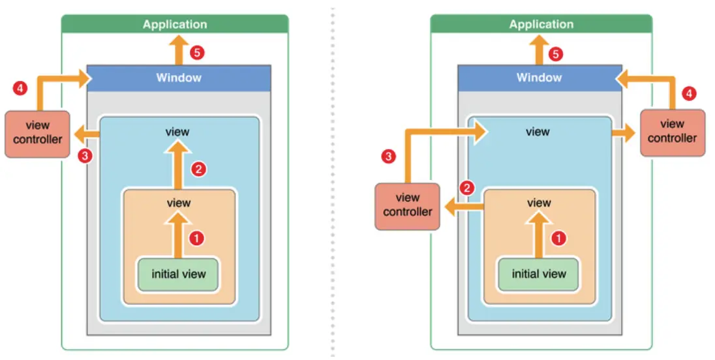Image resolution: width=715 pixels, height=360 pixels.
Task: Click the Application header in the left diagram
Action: pos(175,24)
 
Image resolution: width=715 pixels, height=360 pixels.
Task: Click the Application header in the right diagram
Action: pos(541,24)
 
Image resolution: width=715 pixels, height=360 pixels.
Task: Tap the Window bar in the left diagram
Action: pos(179,78)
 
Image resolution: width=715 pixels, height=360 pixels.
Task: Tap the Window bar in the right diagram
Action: pos(539,78)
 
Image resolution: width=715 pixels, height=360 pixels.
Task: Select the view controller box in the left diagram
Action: pos(37,133)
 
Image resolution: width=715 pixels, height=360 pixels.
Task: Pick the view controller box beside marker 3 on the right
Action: pos(408,205)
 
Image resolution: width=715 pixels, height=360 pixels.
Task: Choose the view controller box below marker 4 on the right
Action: pos(672,132)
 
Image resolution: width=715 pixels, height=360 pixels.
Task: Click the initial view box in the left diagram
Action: pos(178,274)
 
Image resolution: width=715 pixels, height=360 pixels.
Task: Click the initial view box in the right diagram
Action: pos(539,274)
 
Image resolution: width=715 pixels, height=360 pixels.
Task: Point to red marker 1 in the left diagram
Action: pos(196,239)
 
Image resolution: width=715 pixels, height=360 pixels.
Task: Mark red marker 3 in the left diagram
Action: pos(83,155)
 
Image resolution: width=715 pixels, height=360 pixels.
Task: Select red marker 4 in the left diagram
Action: pos(20,87)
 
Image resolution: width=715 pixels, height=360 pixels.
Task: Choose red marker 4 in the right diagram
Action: pos(689,94)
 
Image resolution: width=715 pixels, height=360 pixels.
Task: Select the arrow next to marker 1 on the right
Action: pos(539,235)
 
